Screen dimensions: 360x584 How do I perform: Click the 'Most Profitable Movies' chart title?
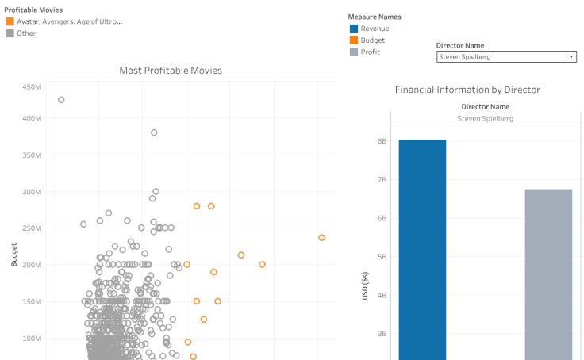point(171,71)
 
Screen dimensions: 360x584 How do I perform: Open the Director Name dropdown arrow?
point(571,57)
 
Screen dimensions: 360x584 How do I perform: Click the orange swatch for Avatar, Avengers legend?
point(10,21)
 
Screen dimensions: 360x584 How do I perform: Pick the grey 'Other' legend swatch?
point(10,33)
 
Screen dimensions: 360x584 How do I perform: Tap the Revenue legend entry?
point(375,29)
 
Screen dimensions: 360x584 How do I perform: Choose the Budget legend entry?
point(372,40)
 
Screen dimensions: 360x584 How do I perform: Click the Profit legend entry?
point(370,52)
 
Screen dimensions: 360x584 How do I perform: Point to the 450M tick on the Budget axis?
point(32,86)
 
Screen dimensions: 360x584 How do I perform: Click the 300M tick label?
point(32,192)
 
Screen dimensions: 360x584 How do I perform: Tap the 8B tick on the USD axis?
point(381,141)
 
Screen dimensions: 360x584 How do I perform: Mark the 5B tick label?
point(381,257)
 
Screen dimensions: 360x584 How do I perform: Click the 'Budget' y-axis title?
point(14,254)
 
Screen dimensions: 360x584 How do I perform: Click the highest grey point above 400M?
point(61,100)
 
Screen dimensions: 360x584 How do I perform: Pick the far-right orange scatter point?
point(321,237)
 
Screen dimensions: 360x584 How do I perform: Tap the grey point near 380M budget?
point(154,132)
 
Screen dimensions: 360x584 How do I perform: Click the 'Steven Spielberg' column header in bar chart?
point(486,118)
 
